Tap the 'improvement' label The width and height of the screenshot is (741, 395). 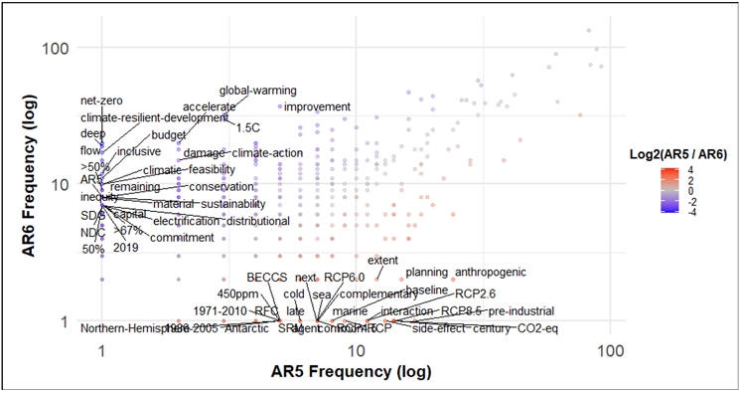(317, 106)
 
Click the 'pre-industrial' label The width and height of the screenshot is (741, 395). (520, 311)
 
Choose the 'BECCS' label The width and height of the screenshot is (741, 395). (266, 277)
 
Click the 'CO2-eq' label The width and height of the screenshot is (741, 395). (536, 328)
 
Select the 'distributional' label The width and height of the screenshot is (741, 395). (257, 221)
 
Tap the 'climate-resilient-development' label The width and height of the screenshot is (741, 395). (155, 117)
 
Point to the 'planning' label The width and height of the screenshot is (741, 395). (427, 272)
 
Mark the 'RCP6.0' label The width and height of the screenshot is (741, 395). (344, 277)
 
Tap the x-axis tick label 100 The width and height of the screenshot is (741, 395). (610, 351)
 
